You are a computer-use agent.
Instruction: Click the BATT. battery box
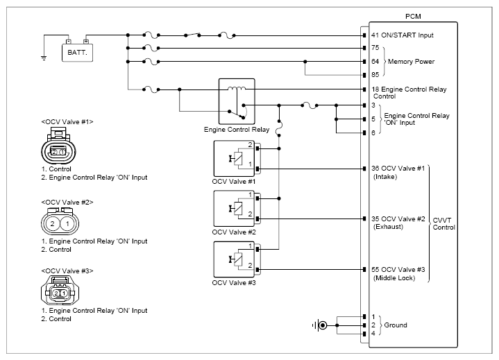(x=77, y=52)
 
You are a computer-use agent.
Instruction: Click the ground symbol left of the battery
(x=44, y=58)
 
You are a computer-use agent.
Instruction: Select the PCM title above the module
(x=413, y=17)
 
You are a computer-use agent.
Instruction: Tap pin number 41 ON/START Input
(x=375, y=35)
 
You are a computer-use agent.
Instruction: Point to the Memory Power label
(x=411, y=61)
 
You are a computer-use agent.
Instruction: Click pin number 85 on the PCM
(x=375, y=74)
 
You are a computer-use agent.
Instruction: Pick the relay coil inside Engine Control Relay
(x=237, y=89)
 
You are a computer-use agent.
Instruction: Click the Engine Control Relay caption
(x=237, y=130)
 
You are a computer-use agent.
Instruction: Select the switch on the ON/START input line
(x=192, y=35)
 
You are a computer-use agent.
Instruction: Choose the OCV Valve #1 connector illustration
(x=58, y=146)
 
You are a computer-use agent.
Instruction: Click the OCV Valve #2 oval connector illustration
(x=60, y=222)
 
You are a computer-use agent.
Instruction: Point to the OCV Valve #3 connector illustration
(x=60, y=290)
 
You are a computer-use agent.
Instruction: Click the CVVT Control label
(x=443, y=223)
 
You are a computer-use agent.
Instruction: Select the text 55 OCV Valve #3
(x=398, y=270)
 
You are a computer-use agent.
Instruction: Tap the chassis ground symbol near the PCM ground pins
(x=320, y=325)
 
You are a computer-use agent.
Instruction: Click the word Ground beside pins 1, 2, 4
(x=396, y=325)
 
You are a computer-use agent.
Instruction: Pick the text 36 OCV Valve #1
(x=398, y=169)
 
